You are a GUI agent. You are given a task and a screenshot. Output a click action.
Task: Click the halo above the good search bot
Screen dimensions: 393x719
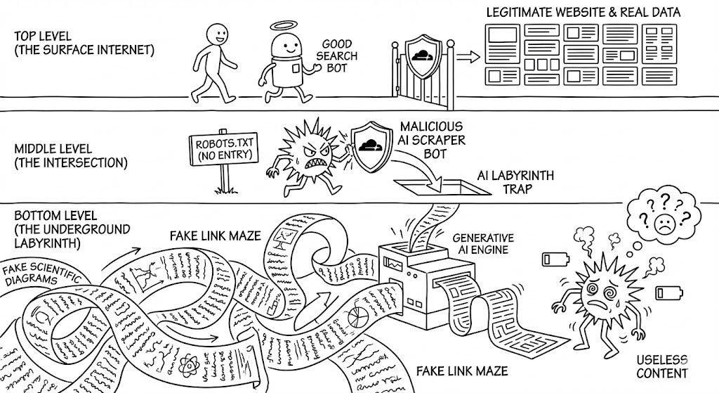point(282,25)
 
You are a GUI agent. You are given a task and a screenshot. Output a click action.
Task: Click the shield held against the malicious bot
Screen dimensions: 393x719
point(369,144)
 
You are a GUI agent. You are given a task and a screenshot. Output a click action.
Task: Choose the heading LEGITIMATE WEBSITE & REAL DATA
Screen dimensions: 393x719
point(593,13)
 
